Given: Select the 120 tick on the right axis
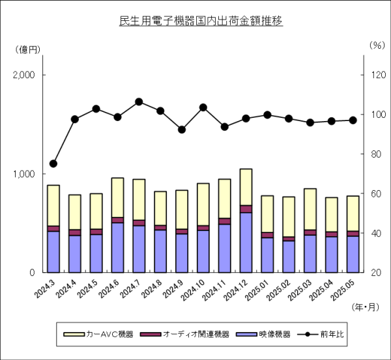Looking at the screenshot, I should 377,75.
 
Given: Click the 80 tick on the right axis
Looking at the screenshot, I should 377,154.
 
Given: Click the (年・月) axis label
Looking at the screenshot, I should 364,305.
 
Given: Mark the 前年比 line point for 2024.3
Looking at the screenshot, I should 53,163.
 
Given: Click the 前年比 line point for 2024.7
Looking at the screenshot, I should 139,102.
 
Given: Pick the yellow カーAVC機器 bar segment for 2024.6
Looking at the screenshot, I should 117,197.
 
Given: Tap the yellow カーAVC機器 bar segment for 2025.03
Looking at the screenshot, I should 310,209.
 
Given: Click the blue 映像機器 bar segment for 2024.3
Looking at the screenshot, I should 53,251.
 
